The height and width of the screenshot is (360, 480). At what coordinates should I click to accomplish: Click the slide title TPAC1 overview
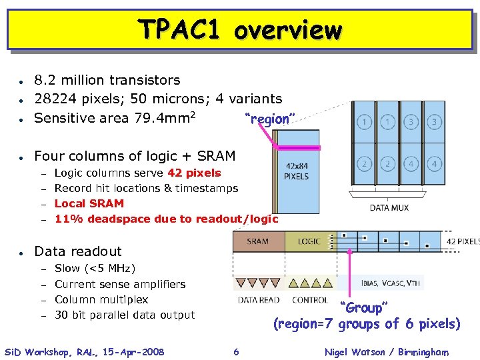(x=239, y=30)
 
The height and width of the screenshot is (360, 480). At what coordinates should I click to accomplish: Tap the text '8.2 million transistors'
(x=107, y=80)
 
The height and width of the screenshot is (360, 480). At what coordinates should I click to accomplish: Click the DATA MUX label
(x=389, y=207)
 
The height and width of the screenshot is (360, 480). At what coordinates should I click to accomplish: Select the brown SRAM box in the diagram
(x=258, y=241)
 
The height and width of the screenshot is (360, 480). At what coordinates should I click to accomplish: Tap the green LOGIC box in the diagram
(x=309, y=241)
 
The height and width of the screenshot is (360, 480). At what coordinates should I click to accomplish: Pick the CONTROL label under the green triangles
(x=310, y=300)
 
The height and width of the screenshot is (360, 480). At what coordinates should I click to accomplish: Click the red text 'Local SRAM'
(x=89, y=203)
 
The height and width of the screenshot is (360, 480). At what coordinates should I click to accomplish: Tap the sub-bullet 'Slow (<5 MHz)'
(x=95, y=268)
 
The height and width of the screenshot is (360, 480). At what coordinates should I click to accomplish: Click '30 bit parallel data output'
(x=125, y=315)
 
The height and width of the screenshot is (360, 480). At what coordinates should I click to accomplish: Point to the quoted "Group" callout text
(x=362, y=308)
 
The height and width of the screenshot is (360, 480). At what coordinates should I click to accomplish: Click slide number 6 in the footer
(x=236, y=352)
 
